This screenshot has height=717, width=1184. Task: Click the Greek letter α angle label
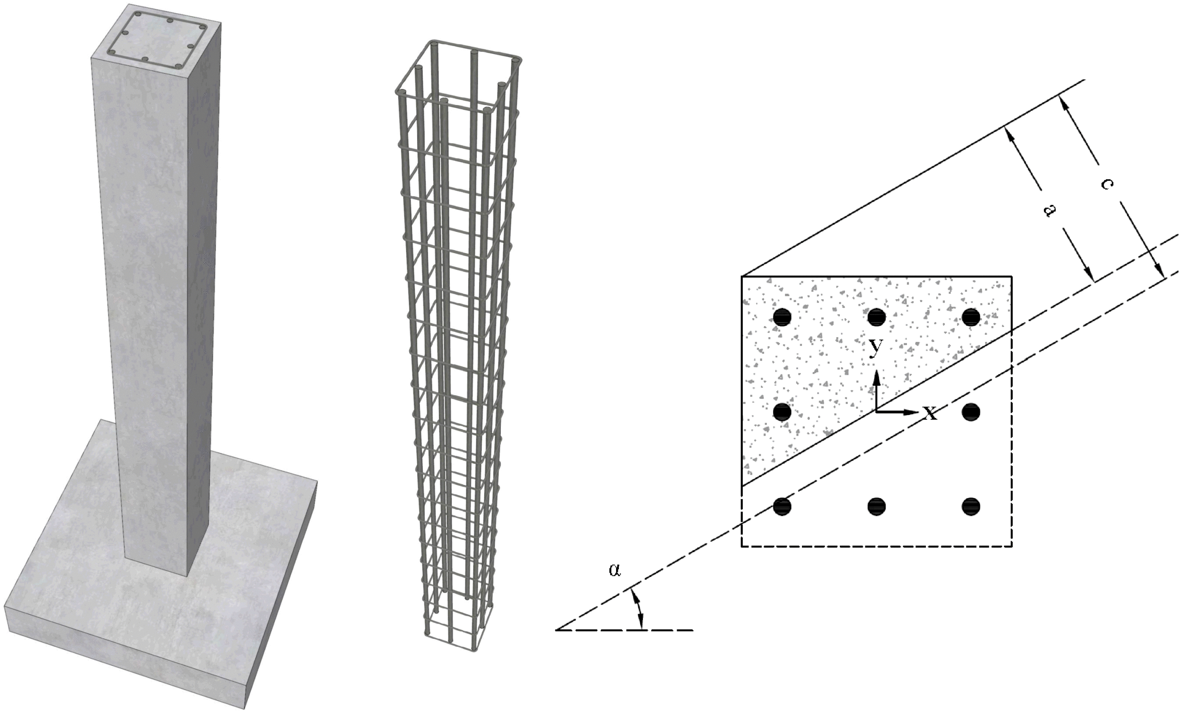pyautogui.click(x=615, y=570)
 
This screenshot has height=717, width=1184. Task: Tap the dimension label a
pyautogui.click(x=1051, y=210)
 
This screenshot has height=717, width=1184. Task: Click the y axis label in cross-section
pyautogui.click(x=876, y=348)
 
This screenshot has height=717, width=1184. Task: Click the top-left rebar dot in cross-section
pyautogui.click(x=782, y=317)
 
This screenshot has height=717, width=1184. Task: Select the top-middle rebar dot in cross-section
pyautogui.click(x=877, y=317)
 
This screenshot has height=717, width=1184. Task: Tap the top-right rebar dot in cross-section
pyautogui.click(x=971, y=317)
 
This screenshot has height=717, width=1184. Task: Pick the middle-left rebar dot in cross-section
pyautogui.click(x=782, y=412)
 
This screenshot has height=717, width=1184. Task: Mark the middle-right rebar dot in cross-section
pyautogui.click(x=971, y=412)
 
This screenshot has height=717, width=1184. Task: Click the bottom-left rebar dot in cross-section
pyautogui.click(x=782, y=506)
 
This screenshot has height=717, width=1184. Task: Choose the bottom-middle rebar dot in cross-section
pyautogui.click(x=877, y=506)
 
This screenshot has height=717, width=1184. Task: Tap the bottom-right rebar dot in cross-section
pyautogui.click(x=971, y=506)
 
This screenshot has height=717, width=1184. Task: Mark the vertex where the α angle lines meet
pyautogui.click(x=556, y=630)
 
